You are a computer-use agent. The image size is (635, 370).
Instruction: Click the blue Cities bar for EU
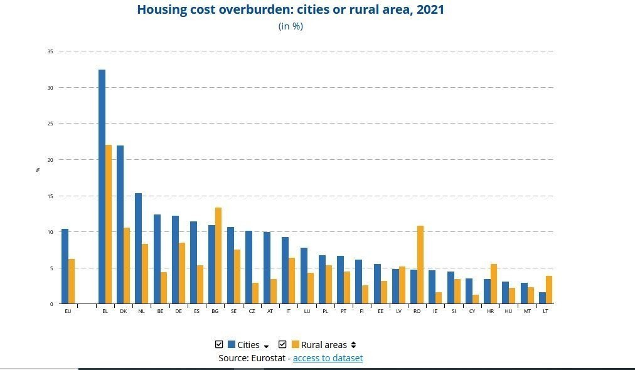65,267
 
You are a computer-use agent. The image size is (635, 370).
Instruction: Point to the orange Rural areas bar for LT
549,290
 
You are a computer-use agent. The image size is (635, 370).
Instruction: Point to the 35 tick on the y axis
50,51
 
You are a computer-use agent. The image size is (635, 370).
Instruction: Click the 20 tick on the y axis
50,160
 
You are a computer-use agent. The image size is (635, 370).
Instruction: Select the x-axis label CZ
251,311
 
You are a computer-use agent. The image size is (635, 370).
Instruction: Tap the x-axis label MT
527,311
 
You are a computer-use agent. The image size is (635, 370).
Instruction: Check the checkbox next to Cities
219,344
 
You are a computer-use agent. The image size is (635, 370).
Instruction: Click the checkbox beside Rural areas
282,344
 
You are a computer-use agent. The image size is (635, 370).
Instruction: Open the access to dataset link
328,358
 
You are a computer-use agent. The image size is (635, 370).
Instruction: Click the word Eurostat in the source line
270,358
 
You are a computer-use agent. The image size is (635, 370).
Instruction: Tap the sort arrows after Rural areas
353,345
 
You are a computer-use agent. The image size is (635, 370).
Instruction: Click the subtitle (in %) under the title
291,26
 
